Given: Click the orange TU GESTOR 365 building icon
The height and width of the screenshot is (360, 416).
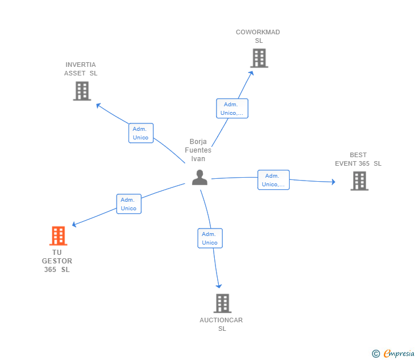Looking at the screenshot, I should (x=58, y=235).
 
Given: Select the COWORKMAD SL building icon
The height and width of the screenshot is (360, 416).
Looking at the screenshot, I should (x=259, y=58).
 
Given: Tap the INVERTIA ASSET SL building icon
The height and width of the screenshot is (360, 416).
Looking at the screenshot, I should (x=82, y=91).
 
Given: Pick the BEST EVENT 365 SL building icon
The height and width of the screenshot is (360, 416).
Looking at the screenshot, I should (x=359, y=181).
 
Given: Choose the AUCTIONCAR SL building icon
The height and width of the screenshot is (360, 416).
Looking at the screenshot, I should (x=222, y=303).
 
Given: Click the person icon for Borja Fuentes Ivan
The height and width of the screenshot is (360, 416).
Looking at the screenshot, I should (x=199, y=177).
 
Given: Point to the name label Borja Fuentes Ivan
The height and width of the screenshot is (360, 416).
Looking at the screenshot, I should (x=198, y=150).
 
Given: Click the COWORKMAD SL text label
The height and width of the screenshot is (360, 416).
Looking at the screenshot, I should (x=258, y=37).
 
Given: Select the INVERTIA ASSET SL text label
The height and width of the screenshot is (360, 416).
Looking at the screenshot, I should (x=81, y=69).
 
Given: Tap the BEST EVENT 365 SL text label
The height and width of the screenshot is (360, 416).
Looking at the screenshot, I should (x=358, y=159).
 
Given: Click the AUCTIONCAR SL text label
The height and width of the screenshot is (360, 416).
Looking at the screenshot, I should (x=221, y=325).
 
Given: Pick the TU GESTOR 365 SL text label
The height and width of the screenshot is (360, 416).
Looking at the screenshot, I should (x=57, y=261).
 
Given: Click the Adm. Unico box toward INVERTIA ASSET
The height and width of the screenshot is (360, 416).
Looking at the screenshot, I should (x=141, y=133).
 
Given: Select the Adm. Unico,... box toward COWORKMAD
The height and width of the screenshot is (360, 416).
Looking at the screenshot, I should (x=232, y=109).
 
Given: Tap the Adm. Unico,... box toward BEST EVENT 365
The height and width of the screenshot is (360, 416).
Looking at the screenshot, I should (x=273, y=180).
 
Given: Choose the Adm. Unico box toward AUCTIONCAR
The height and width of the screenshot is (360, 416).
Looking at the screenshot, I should (x=210, y=238).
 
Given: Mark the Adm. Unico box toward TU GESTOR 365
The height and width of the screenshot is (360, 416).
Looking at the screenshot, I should (x=129, y=204).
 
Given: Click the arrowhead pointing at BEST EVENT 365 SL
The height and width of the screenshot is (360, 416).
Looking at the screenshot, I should (x=333, y=182).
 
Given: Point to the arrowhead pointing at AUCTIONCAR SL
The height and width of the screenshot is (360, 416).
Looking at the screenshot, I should (x=218, y=286).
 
